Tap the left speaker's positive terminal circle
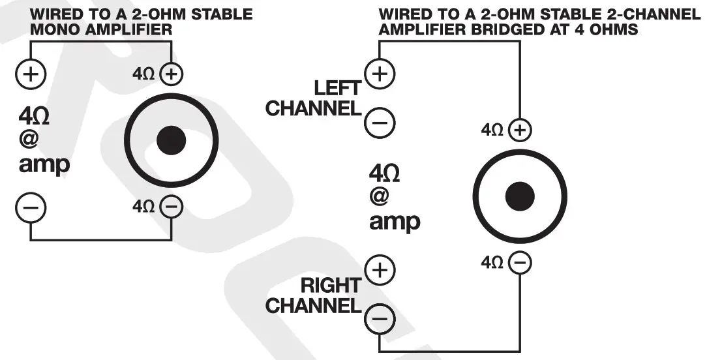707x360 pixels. pyautogui.click(x=171, y=74)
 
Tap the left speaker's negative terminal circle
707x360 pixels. pyautogui.click(x=171, y=207)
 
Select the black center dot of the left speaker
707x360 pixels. pyautogui.click(x=172, y=140)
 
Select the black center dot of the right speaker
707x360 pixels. pyautogui.click(x=520, y=196)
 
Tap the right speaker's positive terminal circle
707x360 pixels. pyautogui.click(x=520, y=130)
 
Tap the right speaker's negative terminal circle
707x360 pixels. pyautogui.click(x=520, y=263)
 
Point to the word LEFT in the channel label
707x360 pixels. pyautogui.click(x=337, y=88)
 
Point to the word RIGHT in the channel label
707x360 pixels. pyautogui.click(x=330, y=285)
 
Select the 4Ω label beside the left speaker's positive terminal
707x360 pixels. pyautogui.click(x=143, y=74)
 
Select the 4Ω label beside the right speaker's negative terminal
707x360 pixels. pyautogui.click(x=492, y=263)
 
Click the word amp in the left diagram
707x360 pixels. pyautogui.click(x=44, y=164)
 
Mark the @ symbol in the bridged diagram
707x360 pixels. pyautogui.click(x=380, y=196)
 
